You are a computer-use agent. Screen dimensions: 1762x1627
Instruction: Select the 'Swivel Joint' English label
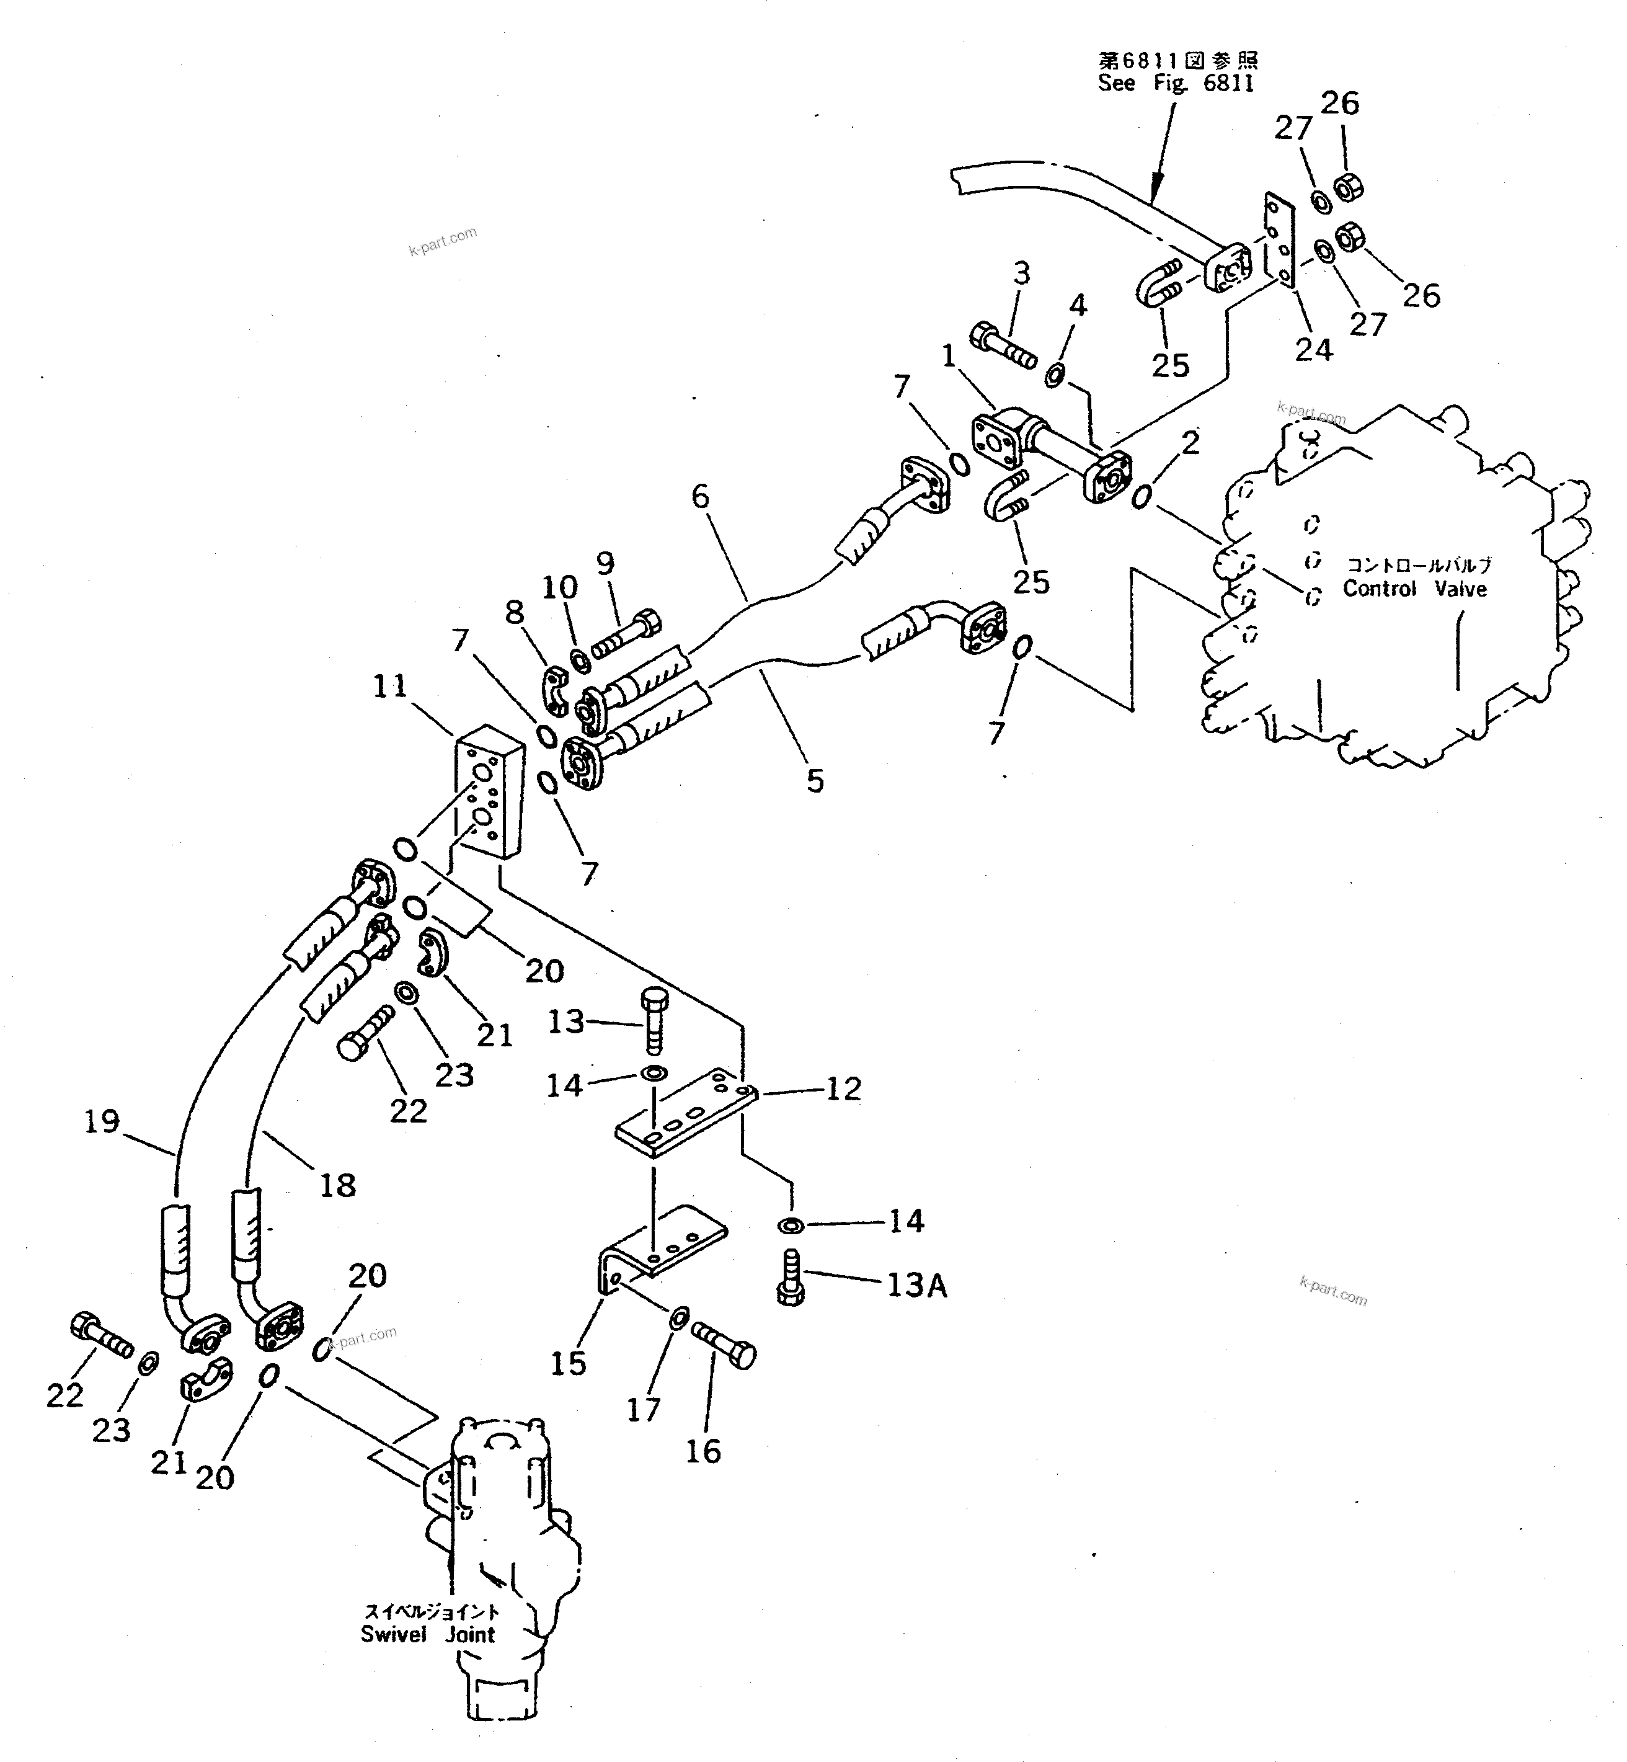point(428,1634)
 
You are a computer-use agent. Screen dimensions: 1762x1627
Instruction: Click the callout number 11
point(390,686)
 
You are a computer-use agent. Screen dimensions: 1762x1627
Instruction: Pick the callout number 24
point(1314,350)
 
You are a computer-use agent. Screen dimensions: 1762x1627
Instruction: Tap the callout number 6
point(700,497)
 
